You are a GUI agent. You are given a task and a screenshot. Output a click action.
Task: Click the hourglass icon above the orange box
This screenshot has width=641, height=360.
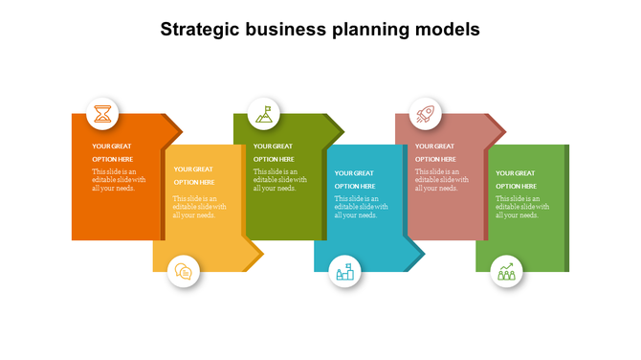[x=103, y=114]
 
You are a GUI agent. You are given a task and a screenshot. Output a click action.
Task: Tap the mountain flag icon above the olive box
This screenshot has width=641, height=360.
[x=264, y=114]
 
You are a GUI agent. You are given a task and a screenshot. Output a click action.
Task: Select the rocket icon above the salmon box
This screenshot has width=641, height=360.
[x=426, y=114]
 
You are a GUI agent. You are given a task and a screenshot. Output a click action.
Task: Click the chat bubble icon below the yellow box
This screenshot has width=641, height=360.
[x=184, y=272]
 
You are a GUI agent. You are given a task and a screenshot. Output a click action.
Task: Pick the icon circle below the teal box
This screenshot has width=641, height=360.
[x=345, y=272]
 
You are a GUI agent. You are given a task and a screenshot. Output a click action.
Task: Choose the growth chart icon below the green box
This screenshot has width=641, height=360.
[x=507, y=272]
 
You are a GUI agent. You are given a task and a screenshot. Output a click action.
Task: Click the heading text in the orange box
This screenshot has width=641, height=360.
[x=113, y=152]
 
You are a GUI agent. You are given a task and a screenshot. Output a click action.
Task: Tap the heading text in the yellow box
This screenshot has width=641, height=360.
[x=193, y=175]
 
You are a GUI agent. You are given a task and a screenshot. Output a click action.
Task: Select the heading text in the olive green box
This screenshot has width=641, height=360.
[x=274, y=152]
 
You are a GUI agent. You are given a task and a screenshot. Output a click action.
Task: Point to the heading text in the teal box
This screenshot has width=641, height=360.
[x=355, y=179]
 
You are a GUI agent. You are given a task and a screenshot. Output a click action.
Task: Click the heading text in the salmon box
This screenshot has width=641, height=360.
[x=435, y=152]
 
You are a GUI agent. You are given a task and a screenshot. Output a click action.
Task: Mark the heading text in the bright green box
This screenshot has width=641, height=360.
[x=517, y=179]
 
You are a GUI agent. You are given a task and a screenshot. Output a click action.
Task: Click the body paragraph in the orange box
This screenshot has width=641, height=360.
[x=119, y=180]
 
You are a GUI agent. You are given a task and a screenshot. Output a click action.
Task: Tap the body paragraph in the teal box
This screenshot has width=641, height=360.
[x=361, y=207]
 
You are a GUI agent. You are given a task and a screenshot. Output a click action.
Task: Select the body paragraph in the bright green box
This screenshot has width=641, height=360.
[x=522, y=207]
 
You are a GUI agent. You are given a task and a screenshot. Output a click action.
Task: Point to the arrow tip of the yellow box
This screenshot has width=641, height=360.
[x=256, y=255]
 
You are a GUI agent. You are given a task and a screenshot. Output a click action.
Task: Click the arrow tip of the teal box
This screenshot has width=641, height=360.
[x=418, y=255]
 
